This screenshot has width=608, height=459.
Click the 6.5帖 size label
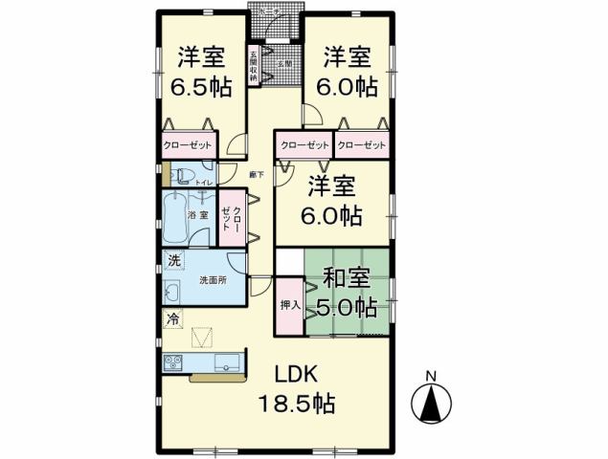coord(200,87)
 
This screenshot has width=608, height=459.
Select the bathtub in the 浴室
coord(177,219)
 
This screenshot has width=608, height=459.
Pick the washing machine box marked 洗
coord(173,260)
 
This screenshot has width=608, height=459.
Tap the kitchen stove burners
coord(174,362)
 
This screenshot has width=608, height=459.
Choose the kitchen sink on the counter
coord(227,361)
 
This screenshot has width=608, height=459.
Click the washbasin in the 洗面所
coord(173,292)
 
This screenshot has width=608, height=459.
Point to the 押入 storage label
coord(289,306)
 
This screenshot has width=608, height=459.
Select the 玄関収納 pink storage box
coord(255,66)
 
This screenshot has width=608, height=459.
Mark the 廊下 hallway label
coord(256,174)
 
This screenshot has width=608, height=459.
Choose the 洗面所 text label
coord(212,281)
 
